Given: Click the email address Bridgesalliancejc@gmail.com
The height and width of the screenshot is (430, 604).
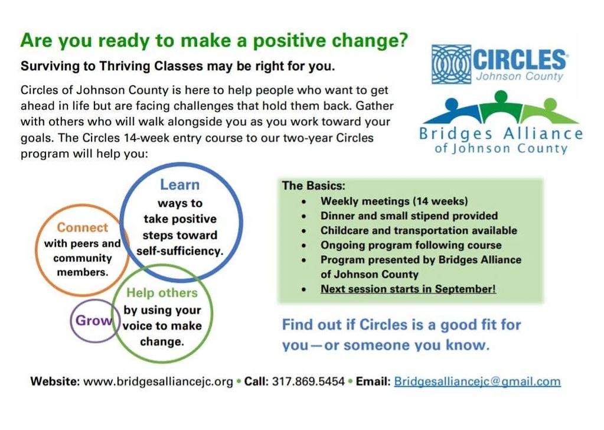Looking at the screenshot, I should pyautogui.click(x=477, y=382).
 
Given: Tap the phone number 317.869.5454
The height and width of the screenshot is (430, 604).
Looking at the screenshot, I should pyautogui.click(x=308, y=382).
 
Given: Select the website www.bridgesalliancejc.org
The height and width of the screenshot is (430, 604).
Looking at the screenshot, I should pyautogui.click(x=158, y=382).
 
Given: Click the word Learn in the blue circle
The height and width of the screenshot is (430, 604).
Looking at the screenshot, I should pyautogui.click(x=179, y=185).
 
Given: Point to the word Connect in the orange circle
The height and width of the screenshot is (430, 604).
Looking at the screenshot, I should pyautogui.click(x=83, y=227).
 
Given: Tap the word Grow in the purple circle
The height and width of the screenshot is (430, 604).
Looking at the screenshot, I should pyautogui.click(x=93, y=321).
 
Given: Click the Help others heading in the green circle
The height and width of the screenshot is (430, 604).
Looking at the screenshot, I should pyautogui.click(x=162, y=293).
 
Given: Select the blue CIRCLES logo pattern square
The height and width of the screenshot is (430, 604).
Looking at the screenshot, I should pyautogui.click(x=451, y=64).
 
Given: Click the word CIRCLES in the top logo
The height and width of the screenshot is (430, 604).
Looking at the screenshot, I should pyautogui.click(x=519, y=60).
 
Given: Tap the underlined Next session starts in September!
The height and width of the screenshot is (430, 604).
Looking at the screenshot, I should pyautogui.click(x=408, y=289).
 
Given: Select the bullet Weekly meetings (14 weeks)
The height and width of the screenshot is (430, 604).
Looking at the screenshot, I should pyautogui.click(x=394, y=201).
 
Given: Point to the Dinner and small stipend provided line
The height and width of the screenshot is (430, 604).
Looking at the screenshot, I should pyautogui.click(x=409, y=216).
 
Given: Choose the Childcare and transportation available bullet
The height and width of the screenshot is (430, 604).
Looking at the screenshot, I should pyautogui.click(x=419, y=230).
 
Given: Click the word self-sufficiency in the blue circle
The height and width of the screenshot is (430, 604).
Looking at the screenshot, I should pyautogui.click(x=179, y=251).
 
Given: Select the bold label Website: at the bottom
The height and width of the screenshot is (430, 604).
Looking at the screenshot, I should pyautogui.click(x=55, y=382).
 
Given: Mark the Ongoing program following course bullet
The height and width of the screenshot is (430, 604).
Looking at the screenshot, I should pyautogui.click(x=411, y=245).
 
